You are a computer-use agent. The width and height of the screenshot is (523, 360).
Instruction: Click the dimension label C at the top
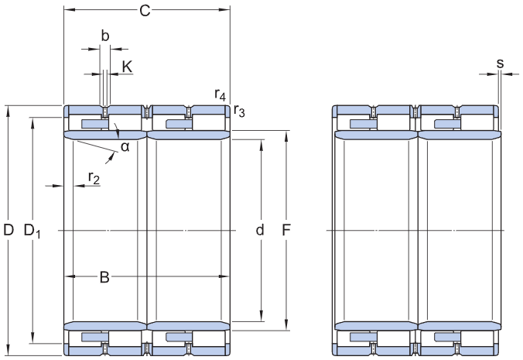click(145, 11)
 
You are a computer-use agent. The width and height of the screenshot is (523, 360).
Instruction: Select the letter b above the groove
click(105, 36)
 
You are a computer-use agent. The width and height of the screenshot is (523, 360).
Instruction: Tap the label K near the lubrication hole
click(127, 67)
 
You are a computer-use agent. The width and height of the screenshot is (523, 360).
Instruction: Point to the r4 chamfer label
click(220, 94)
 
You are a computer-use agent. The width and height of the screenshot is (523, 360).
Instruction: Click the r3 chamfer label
click(239, 111)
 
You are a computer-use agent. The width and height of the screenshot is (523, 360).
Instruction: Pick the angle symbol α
click(125, 146)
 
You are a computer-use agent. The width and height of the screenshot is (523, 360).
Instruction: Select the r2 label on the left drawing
click(94, 178)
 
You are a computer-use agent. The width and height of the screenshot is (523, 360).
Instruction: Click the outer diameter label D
click(9, 230)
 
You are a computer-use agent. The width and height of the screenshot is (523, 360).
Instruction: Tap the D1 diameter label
click(32, 231)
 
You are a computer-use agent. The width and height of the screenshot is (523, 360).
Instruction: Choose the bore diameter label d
click(260, 230)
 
